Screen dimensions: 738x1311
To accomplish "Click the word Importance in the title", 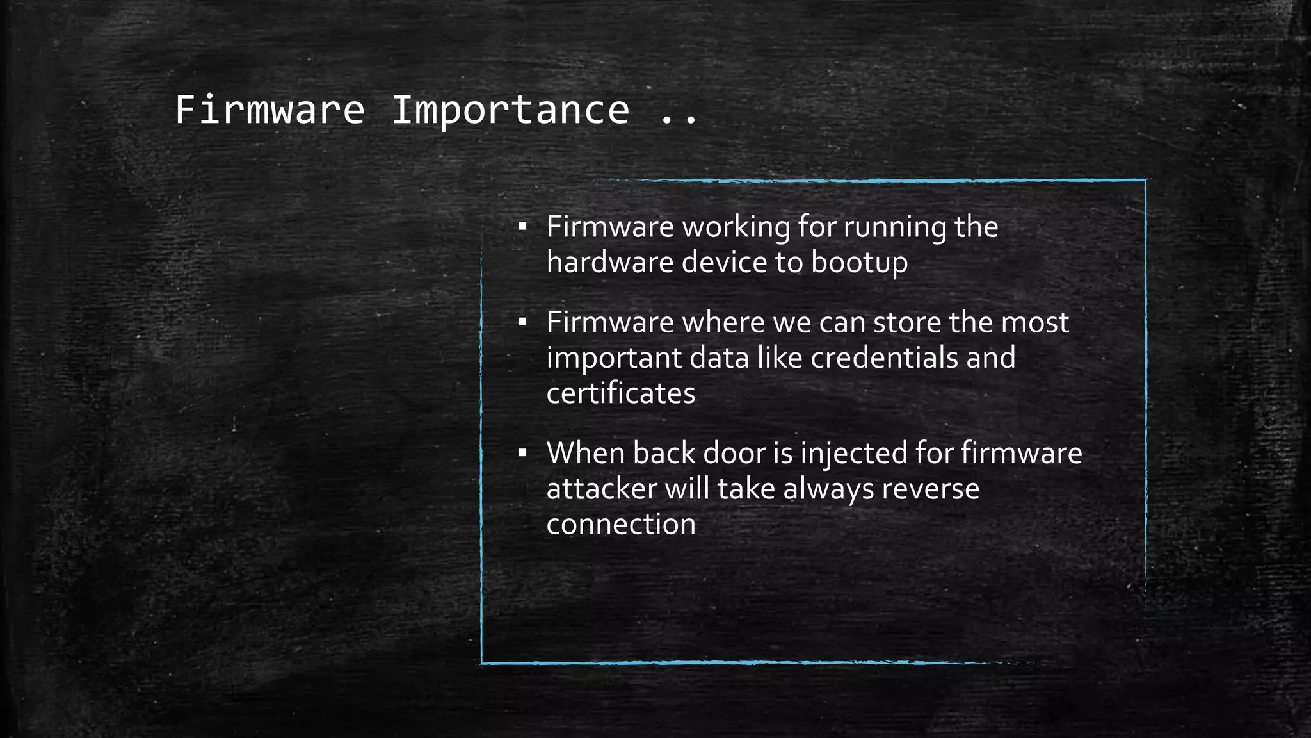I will coord(510,110).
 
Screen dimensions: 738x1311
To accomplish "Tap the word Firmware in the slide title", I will coord(269,110).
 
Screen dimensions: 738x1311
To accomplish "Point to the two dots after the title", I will coord(679,119).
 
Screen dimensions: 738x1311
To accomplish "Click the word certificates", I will coord(620,393).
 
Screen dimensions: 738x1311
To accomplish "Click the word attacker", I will coord(601,489).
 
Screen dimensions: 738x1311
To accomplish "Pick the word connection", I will coord(620,525).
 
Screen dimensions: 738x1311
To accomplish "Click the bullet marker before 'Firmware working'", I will coord(522,227).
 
